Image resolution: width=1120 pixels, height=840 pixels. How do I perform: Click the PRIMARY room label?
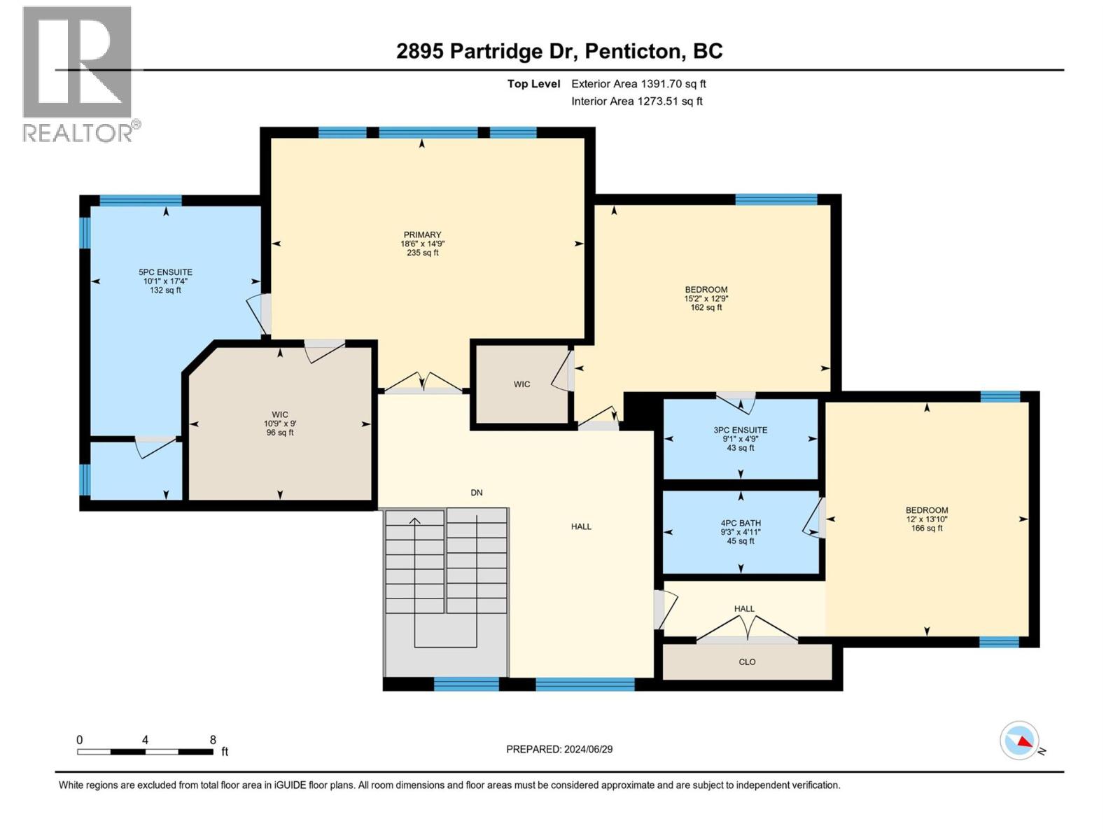tap(422, 234)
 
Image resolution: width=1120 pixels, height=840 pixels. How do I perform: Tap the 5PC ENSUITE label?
tap(165, 272)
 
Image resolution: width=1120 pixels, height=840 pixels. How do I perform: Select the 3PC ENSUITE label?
tap(740, 430)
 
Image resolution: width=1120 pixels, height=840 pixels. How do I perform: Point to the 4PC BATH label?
tap(741, 523)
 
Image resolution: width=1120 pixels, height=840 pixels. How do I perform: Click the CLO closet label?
tap(747, 661)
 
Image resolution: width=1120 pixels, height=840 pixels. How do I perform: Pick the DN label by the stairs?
tap(477, 492)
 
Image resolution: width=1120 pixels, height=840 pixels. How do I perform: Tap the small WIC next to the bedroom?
tap(521, 384)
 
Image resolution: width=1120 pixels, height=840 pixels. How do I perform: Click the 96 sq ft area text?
tap(279, 433)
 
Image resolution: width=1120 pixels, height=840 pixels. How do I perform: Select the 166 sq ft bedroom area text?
tap(927, 528)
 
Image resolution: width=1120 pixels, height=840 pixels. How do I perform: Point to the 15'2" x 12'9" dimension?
tap(706, 298)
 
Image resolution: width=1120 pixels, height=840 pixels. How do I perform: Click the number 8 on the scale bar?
tap(213, 739)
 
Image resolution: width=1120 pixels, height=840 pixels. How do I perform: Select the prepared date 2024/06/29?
tap(588, 749)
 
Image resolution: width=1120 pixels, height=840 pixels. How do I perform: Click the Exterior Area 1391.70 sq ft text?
tap(639, 83)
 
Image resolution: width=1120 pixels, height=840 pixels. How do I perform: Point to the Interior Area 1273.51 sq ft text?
tap(637, 101)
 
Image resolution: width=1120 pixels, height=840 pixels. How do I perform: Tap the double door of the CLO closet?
tap(747, 629)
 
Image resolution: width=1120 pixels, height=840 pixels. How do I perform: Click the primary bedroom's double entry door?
tap(423, 382)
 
